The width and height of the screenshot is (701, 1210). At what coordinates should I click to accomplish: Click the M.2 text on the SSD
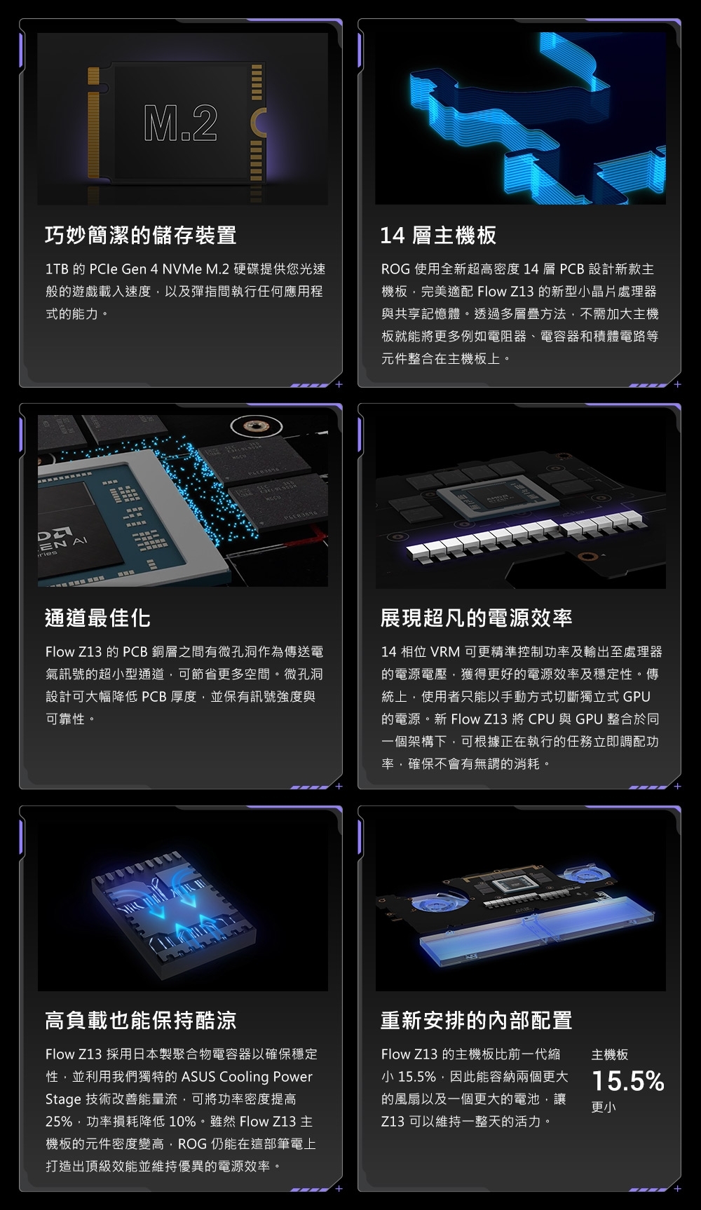[181, 123]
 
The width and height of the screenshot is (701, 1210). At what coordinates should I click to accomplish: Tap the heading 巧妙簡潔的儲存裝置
[141, 236]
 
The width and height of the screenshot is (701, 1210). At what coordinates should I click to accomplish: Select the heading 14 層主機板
[438, 236]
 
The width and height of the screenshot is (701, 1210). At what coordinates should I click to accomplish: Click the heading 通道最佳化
[97, 618]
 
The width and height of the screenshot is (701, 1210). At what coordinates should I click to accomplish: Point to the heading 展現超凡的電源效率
[476, 618]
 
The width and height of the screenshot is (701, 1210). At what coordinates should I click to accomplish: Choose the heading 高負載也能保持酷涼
[141, 1021]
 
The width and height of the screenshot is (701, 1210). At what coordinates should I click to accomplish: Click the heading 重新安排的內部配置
[476, 1021]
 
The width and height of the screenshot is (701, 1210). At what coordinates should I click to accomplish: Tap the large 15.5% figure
[627, 1081]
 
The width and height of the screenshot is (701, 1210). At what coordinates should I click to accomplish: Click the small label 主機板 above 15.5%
[610, 1054]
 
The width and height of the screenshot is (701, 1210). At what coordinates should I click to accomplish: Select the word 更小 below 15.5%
[604, 1107]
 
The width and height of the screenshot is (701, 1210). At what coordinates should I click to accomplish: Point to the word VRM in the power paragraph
[445, 652]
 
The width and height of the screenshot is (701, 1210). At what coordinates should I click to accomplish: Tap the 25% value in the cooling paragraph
[60, 1122]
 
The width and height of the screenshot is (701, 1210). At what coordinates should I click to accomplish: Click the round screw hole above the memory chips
[255, 426]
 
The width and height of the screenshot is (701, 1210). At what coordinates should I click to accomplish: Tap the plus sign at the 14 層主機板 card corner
[677, 384]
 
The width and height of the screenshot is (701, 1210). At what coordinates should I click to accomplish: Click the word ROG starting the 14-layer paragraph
[395, 269]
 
